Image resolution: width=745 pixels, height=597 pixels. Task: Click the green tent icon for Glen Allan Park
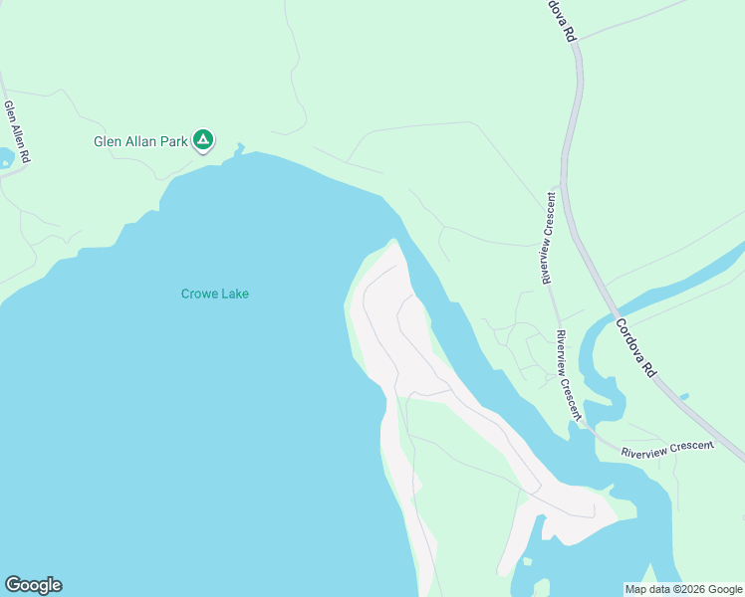coord(203,140)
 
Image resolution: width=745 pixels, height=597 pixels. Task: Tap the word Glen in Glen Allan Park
coord(107,142)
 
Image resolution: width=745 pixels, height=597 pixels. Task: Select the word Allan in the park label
coord(142,142)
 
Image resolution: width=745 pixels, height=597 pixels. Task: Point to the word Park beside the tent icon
coord(176,142)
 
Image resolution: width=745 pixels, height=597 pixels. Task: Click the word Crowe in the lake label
coord(200,294)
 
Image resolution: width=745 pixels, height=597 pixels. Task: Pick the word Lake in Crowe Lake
coord(236,294)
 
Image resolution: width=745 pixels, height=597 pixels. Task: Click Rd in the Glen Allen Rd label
coord(25,157)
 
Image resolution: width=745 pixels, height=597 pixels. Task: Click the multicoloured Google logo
coord(33,585)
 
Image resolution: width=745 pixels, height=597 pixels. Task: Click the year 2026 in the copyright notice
coord(689,589)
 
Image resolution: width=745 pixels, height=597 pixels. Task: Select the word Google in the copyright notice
coord(722,589)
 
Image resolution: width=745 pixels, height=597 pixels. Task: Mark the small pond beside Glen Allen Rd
coord(5,157)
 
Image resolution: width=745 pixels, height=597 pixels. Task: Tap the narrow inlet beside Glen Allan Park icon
coord(239,151)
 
